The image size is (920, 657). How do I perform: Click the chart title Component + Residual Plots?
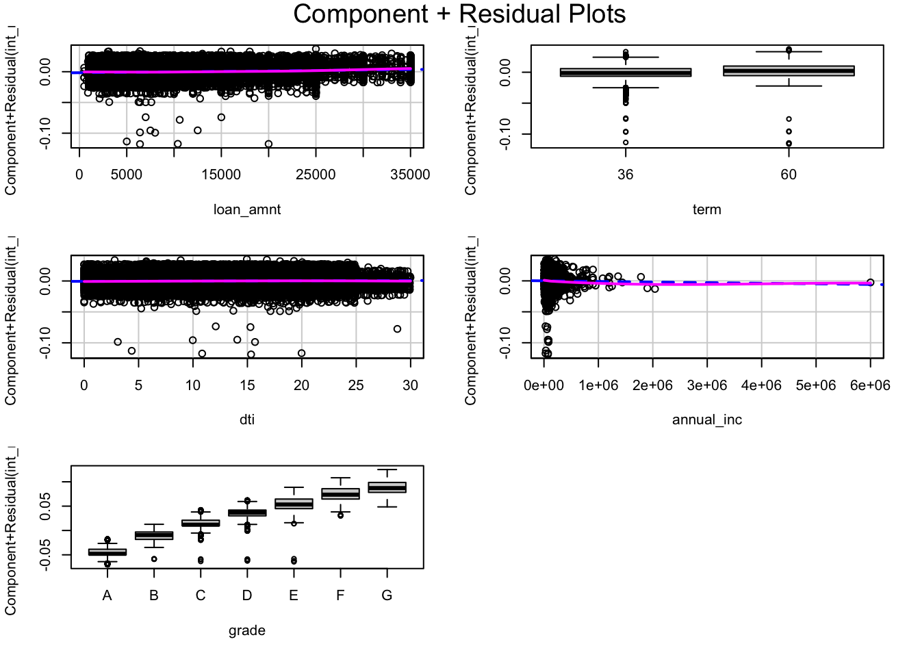(x=459, y=14)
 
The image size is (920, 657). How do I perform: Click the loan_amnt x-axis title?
(x=247, y=209)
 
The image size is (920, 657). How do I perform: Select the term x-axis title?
(x=706, y=209)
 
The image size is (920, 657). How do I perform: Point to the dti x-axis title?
(x=247, y=419)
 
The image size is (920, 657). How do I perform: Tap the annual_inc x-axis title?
(x=706, y=419)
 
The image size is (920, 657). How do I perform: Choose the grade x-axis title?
(x=247, y=630)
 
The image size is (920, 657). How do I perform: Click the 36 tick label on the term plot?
(x=625, y=175)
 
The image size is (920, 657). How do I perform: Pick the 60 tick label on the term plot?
(x=789, y=175)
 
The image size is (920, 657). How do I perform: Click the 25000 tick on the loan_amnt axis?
(x=316, y=175)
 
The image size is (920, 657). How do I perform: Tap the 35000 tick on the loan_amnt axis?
(x=409, y=175)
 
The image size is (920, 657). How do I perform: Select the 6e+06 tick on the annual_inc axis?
(x=869, y=385)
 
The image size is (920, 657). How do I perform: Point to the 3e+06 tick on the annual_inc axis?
(x=706, y=385)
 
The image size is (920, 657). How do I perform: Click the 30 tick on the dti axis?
(x=410, y=385)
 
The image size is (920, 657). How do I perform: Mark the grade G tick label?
(x=387, y=595)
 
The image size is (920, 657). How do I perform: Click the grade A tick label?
(x=107, y=595)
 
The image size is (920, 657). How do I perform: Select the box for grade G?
(x=387, y=487)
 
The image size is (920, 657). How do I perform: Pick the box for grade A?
(x=107, y=552)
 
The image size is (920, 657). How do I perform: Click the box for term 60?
(x=789, y=70)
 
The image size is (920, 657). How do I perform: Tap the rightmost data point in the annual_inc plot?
(x=870, y=282)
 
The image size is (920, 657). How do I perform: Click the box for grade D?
(x=247, y=513)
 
